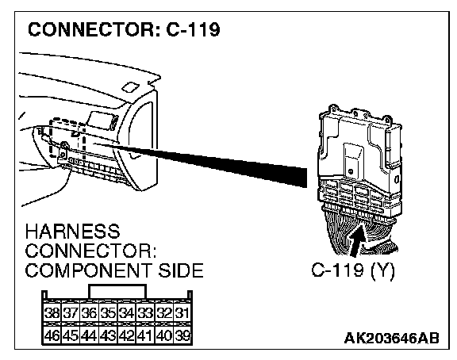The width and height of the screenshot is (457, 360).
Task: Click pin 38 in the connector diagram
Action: [x=52, y=313]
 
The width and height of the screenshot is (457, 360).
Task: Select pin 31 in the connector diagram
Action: [x=182, y=313]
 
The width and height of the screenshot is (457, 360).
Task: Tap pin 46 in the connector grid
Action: [x=52, y=335]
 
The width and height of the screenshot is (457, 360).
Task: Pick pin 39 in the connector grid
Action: [x=182, y=335]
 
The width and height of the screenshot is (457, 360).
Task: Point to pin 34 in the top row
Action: [x=126, y=313]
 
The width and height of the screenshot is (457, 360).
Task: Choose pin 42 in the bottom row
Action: [x=126, y=335]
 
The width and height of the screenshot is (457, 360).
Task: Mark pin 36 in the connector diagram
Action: [x=89, y=313]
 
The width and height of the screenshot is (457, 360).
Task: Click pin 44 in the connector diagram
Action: [x=89, y=335]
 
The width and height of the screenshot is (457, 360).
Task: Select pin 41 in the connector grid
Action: [x=145, y=335]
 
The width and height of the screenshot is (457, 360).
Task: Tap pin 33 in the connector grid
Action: [x=145, y=313]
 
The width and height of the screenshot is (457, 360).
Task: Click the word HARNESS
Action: [x=72, y=232]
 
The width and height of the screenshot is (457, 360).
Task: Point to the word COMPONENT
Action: [x=88, y=270]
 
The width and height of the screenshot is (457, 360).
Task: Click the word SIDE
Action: [x=181, y=270]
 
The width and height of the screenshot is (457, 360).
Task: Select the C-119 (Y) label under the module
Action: [x=353, y=270]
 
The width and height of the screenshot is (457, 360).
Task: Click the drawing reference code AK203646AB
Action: [x=391, y=338]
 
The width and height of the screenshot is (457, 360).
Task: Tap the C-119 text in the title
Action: [x=193, y=29]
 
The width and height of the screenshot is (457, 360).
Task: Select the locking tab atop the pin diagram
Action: [x=117, y=291]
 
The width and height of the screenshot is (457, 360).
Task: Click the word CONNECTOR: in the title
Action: [x=94, y=29]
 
